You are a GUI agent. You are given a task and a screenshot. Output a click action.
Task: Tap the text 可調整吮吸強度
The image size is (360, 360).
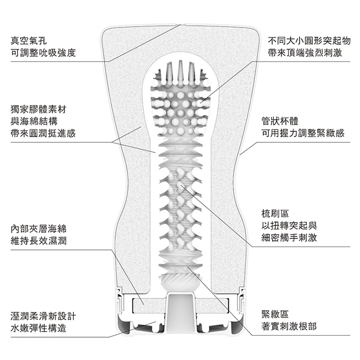[x=43, y=53]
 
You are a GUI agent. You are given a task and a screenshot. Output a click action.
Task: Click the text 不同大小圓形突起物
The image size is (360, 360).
[x=309, y=41]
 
